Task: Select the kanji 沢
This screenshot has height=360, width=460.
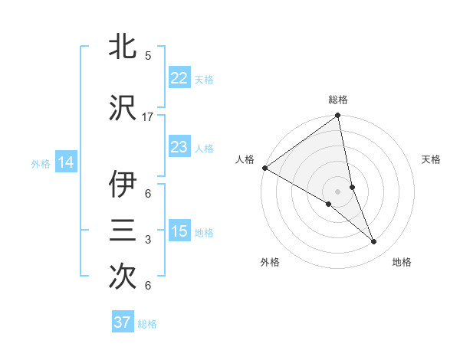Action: [123, 108]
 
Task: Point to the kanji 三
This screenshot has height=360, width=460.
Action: [123, 231]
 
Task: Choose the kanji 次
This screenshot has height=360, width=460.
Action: [123, 277]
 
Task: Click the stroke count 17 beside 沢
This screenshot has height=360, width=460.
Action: [148, 117]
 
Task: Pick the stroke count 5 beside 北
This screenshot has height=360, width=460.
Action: [148, 56]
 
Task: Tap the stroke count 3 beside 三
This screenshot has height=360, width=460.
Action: [148, 240]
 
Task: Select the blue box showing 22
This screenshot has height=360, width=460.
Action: [179, 78]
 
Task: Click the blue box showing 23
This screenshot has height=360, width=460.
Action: [179, 147]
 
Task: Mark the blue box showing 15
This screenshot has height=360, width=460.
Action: [179, 231]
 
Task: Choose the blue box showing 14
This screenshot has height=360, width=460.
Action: [65, 162]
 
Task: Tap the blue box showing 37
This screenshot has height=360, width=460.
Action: [122, 322]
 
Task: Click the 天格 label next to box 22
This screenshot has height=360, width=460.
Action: [204, 79]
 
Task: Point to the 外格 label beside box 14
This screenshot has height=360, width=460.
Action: [41, 163]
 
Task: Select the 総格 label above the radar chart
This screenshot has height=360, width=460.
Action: [338, 100]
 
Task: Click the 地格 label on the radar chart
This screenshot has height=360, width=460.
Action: [402, 262]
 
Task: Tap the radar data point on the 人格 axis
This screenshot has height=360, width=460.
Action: [264, 168]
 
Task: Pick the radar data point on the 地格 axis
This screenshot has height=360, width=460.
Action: [374, 242]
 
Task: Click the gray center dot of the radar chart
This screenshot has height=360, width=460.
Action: [337, 190]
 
